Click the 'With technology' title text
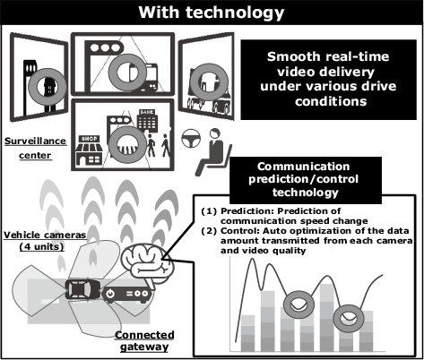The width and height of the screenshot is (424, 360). [212, 13]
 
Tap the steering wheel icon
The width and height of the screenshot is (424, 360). [191, 138]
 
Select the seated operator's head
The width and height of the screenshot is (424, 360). [215, 133]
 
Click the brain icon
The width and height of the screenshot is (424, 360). [147, 262]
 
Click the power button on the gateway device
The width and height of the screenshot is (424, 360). [110, 293]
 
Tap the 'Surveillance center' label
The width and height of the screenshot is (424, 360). [36, 148]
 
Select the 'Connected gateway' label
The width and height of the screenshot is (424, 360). [144, 340]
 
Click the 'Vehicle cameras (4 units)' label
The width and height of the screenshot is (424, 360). [45, 241]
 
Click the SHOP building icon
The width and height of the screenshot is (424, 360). [89, 150]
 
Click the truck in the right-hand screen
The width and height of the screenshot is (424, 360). [208, 89]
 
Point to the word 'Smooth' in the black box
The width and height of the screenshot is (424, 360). [289, 56]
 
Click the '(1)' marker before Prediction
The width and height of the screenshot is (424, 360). [209, 211]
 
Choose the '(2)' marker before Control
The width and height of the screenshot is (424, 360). [209, 231]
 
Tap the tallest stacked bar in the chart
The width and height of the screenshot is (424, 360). [327, 317]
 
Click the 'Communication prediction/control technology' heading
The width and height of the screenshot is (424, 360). [304, 179]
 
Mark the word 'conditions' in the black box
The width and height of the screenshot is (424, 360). [331, 102]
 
